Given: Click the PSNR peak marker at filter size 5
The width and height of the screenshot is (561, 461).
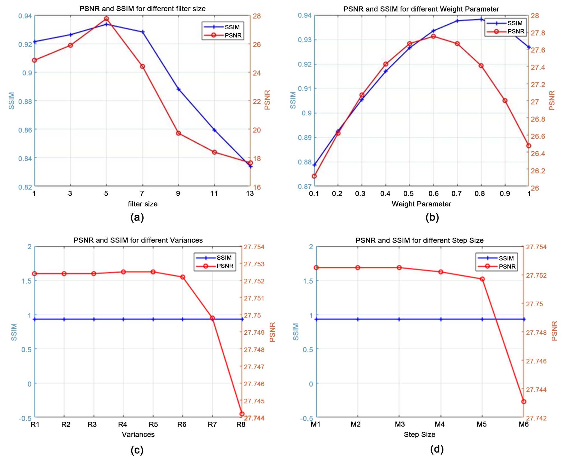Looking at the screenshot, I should (x=106, y=19).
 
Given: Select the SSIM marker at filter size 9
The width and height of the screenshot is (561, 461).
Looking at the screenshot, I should (x=178, y=89).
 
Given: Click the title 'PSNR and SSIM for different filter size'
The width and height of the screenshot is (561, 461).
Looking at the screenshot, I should (x=142, y=9).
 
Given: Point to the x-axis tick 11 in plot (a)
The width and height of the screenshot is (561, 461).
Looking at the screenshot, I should (x=214, y=193).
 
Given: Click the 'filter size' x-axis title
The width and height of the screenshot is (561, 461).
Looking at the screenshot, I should (x=142, y=204).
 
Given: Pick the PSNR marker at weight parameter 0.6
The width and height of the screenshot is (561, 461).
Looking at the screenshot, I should (x=433, y=36).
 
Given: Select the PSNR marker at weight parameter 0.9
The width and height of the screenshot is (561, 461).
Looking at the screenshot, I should (x=505, y=101).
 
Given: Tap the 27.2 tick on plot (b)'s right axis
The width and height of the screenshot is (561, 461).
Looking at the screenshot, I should (x=538, y=85).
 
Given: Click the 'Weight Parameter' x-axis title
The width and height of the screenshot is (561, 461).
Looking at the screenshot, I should (x=421, y=204).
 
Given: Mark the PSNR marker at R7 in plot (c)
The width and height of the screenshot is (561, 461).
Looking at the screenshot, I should (x=212, y=318).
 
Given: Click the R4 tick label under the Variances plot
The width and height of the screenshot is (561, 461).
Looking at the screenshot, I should (x=123, y=425).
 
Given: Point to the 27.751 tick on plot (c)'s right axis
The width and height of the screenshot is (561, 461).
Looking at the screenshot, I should (x=254, y=298).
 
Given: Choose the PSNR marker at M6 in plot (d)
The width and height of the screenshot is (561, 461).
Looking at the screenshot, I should (x=523, y=402).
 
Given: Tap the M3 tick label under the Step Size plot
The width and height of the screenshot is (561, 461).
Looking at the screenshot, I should (x=400, y=425).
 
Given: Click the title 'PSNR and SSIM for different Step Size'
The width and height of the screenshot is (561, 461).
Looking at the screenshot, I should (x=420, y=240).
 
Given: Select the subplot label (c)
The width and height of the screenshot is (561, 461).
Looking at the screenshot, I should (x=137, y=450).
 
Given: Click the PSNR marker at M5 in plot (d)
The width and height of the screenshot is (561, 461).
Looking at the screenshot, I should (x=482, y=279).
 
